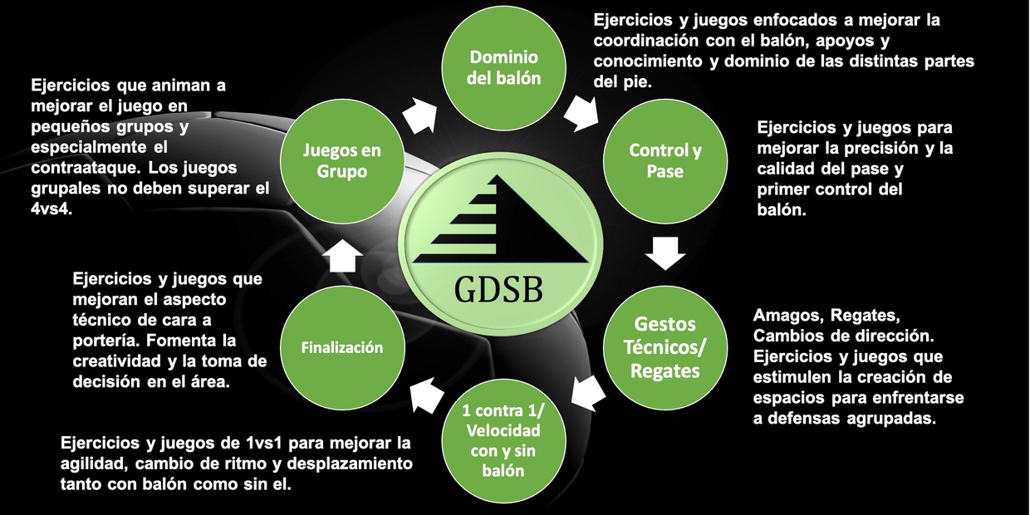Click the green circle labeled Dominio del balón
tap(504, 68)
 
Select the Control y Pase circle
tap(665, 160)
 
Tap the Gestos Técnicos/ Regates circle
tap(665, 347)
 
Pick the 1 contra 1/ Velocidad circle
tap(503, 440)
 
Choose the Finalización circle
tap(341, 347)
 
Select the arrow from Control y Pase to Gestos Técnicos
tap(665, 253)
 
